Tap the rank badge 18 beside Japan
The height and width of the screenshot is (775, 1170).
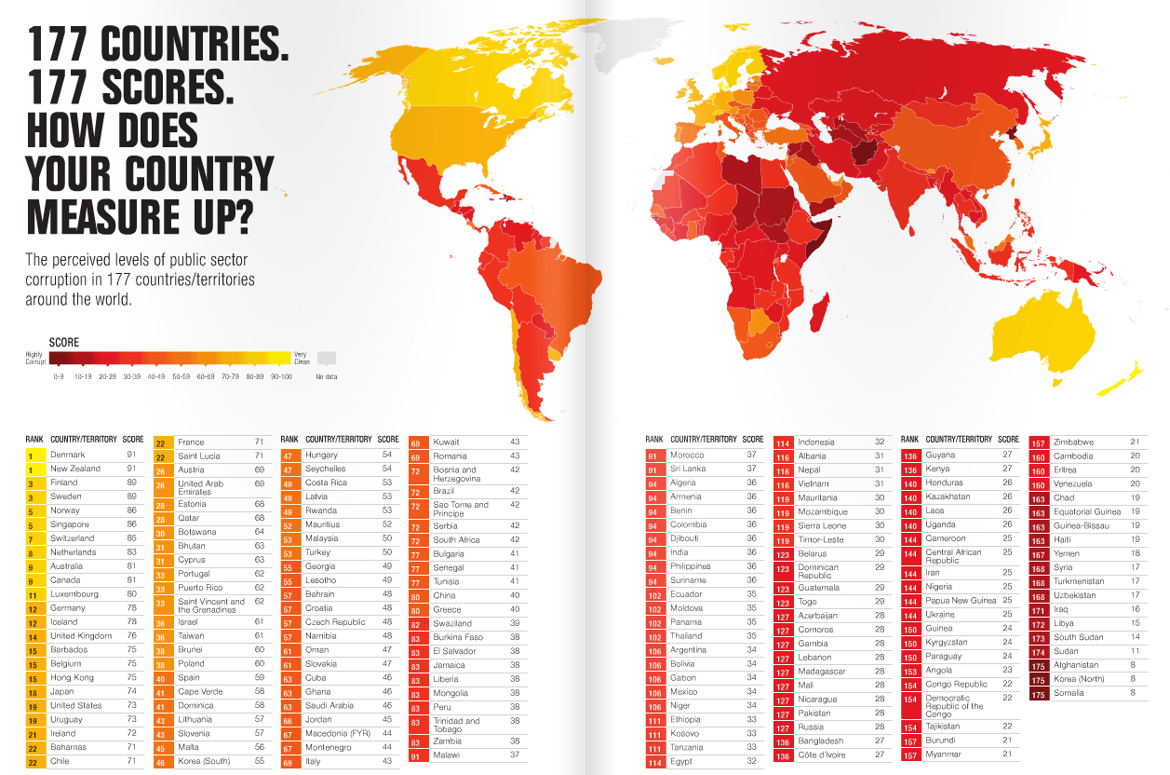pos(31,692)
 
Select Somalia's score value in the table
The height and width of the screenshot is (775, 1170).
pos(1134,693)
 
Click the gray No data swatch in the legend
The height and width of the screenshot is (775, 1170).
pos(326,358)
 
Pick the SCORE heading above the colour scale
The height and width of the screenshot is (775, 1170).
pos(64,343)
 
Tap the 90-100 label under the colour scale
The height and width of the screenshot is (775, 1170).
pos(282,376)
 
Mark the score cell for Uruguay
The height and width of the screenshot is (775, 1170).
pos(132,720)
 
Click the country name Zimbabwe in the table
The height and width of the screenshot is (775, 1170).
pos(1073,442)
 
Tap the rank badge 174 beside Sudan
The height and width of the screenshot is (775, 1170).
pos(1039,652)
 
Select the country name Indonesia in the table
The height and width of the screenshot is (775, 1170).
pos(816,442)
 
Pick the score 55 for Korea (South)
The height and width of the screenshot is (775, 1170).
pos(260,761)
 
